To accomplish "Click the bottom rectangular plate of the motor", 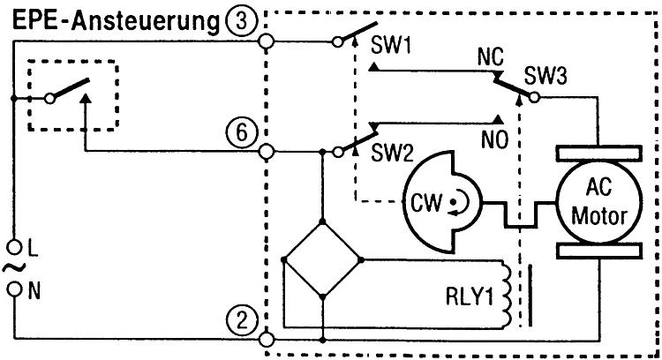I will (x=598, y=251).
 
